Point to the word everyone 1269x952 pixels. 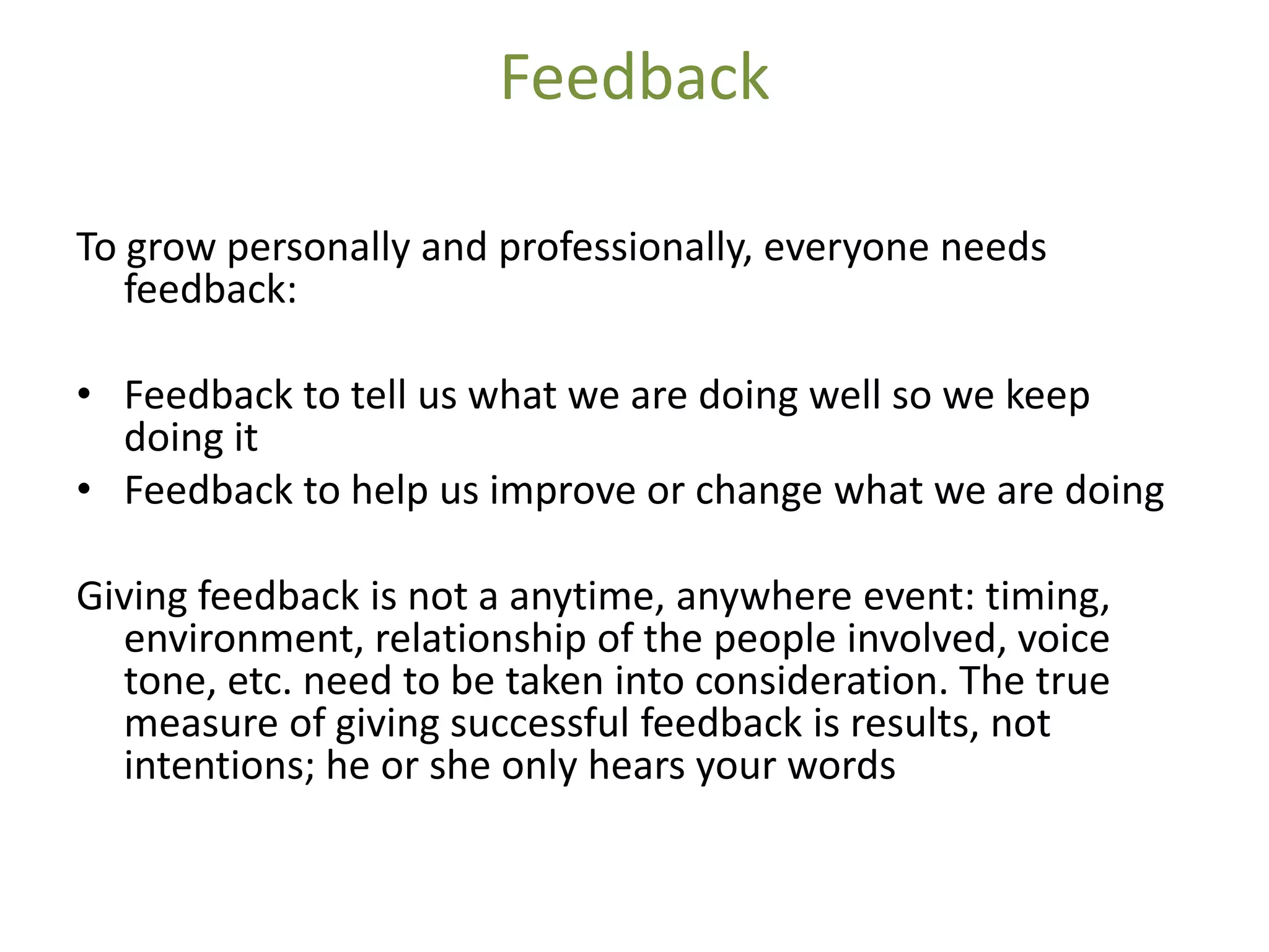[x=846, y=249]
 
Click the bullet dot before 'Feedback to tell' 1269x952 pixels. [x=85, y=394]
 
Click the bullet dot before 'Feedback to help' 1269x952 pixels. [x=85, y=490]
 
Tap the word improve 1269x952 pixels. [x=563, y=491]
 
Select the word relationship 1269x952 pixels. [x=480, y=640]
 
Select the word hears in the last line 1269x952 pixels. [x=636, y=765]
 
